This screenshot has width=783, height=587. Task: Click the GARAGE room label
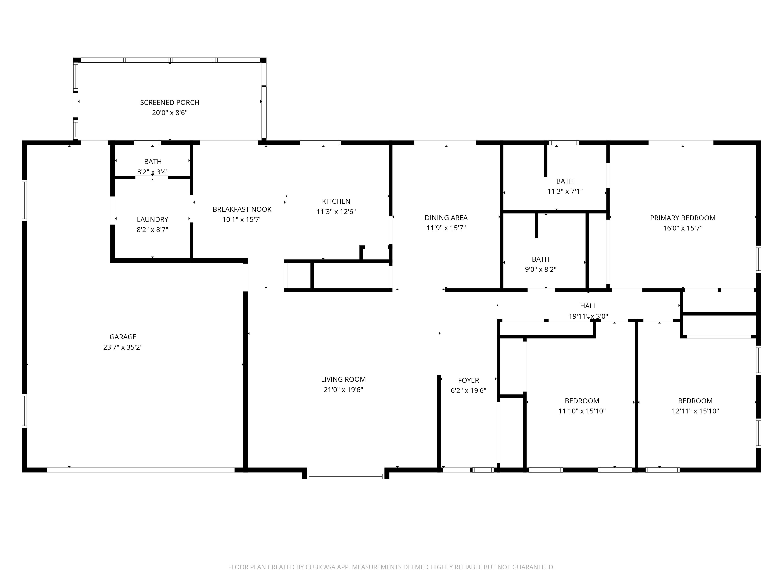(123, 337)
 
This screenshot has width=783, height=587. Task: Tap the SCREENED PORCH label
(170, 103)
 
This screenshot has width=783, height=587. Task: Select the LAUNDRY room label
(152, 219)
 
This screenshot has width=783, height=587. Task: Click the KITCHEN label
(336, 201)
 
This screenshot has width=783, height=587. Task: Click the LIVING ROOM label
(343, 379)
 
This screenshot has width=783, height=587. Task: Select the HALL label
(588, 306)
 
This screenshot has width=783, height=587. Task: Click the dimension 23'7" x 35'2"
(123, 347)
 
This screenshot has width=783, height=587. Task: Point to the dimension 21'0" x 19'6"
(343, 390)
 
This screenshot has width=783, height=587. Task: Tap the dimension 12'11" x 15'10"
(695, 411)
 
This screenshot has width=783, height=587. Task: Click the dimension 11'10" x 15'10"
(582, 411)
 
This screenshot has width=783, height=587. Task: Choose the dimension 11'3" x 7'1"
(565, 191)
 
